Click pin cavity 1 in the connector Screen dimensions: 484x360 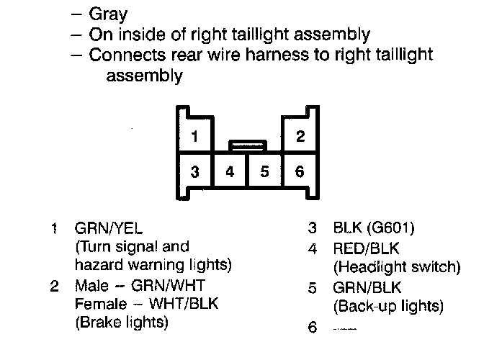tap(194, 136)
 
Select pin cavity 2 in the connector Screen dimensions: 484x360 tap(300, 136)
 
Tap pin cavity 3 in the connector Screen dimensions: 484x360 tap(194, 172)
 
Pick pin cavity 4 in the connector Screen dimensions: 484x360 tap(229, 172)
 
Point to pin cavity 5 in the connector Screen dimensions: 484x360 tap(264, 172)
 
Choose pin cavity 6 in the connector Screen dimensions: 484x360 tap(300, 172)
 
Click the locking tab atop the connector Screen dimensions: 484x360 tap(247, 145)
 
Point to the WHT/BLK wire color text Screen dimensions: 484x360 tap(179, 304)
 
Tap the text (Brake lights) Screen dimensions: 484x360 tap(122, 323)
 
